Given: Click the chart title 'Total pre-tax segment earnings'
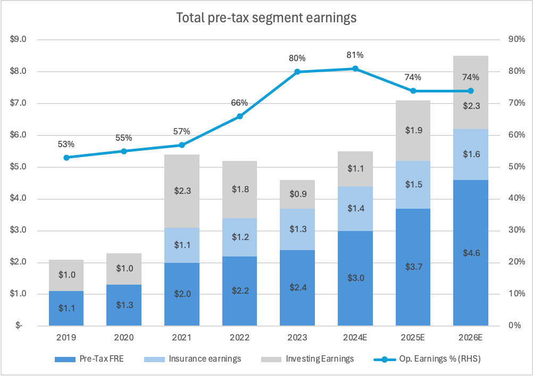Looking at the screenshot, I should [266, 18].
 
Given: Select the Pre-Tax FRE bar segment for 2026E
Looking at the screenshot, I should [471, 253].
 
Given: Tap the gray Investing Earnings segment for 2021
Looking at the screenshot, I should [182, 191].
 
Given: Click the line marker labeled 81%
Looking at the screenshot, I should [355, 69].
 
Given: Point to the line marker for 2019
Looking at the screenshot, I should [66, 157].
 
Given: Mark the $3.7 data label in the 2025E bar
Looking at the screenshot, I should [413, 267].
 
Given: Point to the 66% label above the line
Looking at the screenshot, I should [239, 103].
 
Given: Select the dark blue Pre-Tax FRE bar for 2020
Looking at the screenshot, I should [124, 305].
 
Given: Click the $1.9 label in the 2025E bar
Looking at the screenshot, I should [413, 131].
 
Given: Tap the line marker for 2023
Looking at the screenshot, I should [297, 72].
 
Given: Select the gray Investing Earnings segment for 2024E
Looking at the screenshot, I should [355, 169].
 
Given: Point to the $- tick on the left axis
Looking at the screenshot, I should [20, 326].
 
